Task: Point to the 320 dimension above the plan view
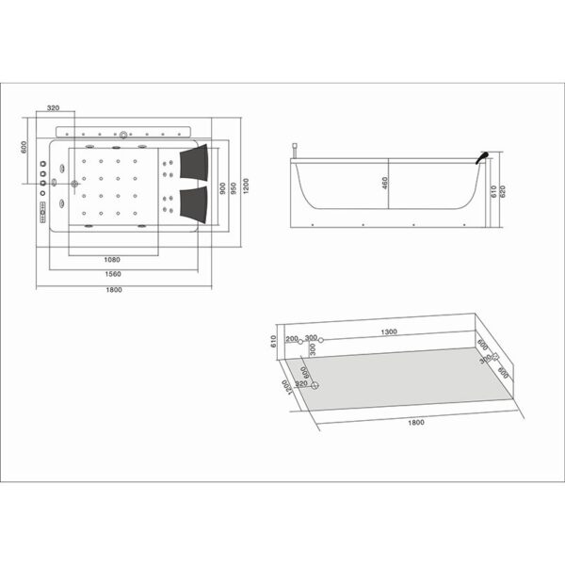(54, 109)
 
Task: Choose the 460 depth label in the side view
(385, 183)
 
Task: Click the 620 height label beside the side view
(504, 192)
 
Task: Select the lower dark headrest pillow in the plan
(194, 201)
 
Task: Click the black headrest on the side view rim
(482, 158)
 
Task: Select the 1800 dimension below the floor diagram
(415, 422)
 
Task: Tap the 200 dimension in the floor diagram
(291, 338)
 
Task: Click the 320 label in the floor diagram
(301, 384)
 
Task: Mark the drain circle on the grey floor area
(315, 384)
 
